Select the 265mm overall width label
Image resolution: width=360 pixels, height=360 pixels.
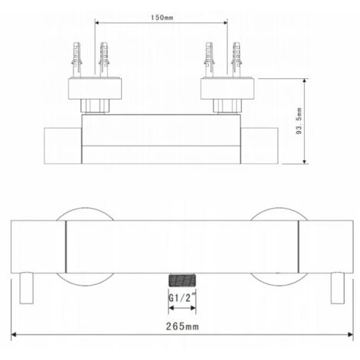(182, 326)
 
